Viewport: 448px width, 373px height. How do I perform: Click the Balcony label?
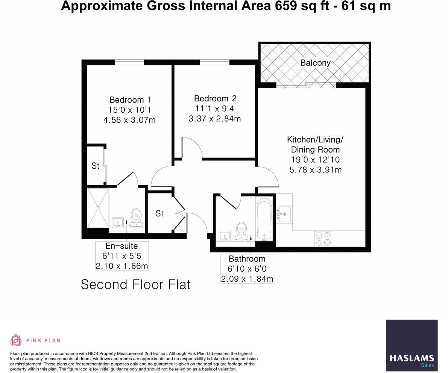pos(315,63)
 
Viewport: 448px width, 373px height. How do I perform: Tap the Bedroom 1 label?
pos(130,100)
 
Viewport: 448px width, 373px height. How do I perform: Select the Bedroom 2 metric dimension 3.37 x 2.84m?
pos(215,119)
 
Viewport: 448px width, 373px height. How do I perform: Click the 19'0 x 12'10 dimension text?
pos(315,160)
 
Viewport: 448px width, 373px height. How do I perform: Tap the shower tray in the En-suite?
pos(98,208)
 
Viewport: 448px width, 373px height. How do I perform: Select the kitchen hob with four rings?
pos(323,239)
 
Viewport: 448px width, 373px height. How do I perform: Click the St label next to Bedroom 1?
pos(96,166)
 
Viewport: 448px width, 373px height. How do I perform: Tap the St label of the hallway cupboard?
pos(159,213)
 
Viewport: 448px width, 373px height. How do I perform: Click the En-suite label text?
pos(121,246)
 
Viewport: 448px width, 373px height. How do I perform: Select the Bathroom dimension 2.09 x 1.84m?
pos(247,279)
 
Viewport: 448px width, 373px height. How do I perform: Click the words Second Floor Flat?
pos(136,284)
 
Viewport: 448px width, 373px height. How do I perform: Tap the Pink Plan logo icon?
pos(16,340)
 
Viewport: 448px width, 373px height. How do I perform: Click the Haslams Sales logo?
pos(412,346)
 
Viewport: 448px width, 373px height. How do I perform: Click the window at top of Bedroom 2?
pos(214,62)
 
